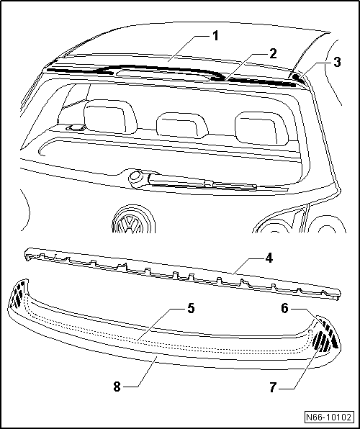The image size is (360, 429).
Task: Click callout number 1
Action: tap(216, 36)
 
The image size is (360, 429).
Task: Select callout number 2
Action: tap(273, 54)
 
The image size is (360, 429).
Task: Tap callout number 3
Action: tap(337, 62)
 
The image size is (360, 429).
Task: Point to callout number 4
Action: tap(269, 258)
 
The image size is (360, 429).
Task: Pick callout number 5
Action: tap(191, 308)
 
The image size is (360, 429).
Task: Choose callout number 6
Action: tap(284, 309)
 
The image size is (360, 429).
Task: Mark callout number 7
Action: tap(272, 388)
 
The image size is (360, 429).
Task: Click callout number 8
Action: tap(117, 387)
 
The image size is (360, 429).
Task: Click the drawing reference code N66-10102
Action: tap(328, 417)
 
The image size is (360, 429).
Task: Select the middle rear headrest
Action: tap(182, 125)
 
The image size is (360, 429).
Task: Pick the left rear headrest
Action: tap(110, 117)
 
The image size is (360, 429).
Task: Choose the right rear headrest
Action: tap(261, 128)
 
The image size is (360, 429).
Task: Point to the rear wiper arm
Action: tap(202, 182)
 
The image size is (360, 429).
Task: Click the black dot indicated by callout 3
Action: tap(295, 76)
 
